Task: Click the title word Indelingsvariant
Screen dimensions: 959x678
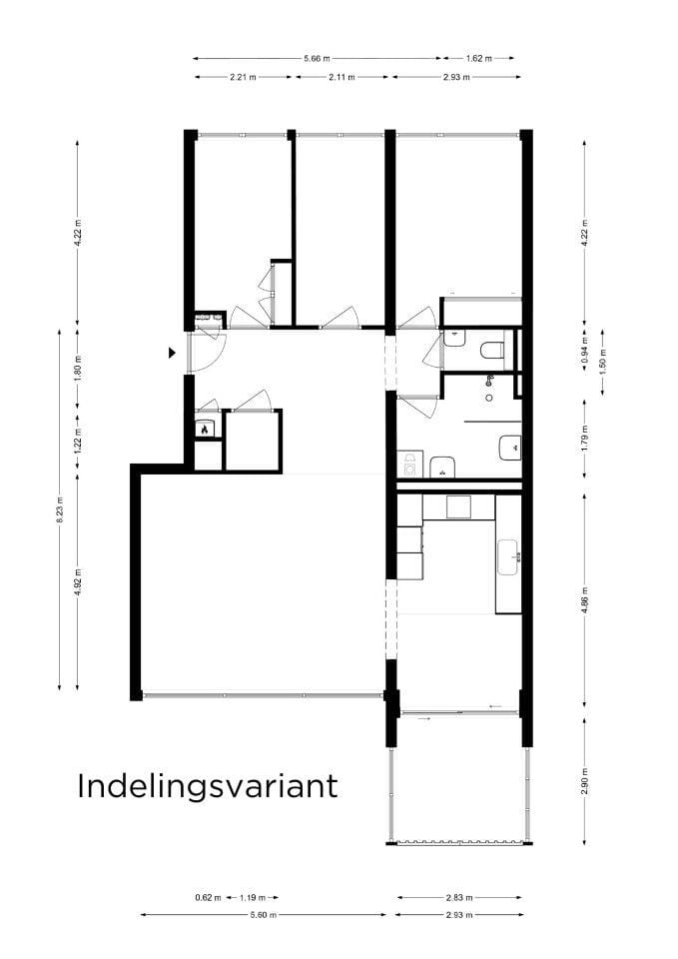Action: point(208,785)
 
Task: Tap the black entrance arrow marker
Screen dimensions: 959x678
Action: point(173,352)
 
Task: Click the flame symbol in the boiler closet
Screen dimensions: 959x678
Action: point(204,430)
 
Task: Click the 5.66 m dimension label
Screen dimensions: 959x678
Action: point(317,59)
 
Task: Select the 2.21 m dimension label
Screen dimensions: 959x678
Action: point(243,77)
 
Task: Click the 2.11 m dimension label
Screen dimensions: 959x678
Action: point(340,77)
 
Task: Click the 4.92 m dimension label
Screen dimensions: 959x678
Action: point(78,580)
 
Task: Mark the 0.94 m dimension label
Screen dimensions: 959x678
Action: point(584,353)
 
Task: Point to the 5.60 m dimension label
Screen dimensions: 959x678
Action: point(263,915)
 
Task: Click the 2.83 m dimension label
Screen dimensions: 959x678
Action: point(459,897)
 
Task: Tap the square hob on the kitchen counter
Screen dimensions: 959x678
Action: point(458,507)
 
